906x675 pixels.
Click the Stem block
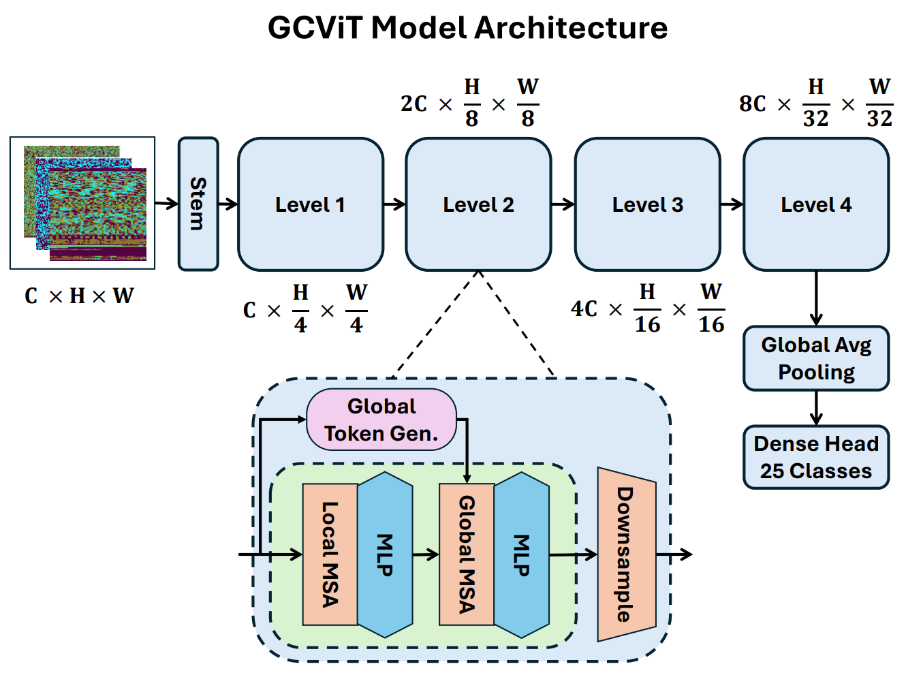tap(198, 204)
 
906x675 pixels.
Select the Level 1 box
tap(310, 204)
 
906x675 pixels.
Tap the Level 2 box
tap(478, 204)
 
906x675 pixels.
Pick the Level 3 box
tap(647, 204)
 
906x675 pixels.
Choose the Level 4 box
tap(816, 204)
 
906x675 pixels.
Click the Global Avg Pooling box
tap(816, 358)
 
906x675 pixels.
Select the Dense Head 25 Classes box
tap(816, 457)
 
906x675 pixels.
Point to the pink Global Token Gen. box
tap(381, 420)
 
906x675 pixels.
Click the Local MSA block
tap(330, 554)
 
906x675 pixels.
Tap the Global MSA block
tap(467, 554)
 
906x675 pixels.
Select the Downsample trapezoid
tap(626, 554)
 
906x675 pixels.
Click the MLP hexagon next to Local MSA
tap(385, 554)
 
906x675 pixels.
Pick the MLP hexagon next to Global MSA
tap(522, 554)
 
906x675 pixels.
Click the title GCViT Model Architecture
tap(467, 28)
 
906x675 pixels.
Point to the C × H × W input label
tap(79, 296)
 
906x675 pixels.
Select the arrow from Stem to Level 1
tap(228, 204)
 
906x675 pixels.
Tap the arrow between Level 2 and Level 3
tap(563, 204)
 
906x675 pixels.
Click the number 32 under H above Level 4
tap(815, 119)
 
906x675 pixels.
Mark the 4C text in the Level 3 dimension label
tap(584, 309)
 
